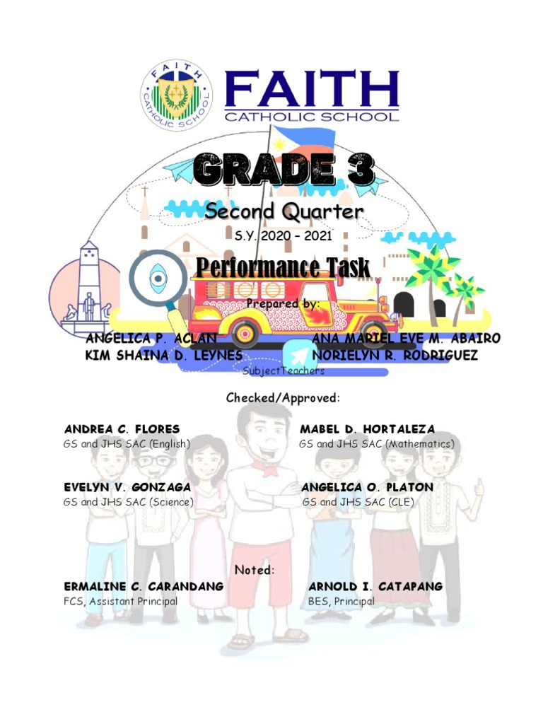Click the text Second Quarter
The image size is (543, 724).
[x=284, y=211]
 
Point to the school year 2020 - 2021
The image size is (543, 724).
[x=283, y=235]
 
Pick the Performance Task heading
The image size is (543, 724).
[x=283, y=269]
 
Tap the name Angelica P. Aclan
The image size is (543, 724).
[x=151, y=339]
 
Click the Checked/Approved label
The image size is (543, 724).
[x=283, y=399]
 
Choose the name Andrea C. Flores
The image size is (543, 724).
[x=122, y=429]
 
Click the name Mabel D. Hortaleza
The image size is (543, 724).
[x=368, y=429]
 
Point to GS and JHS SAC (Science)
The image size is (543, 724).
[x=128, y=503]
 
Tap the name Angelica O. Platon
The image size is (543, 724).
[x=368, y=488]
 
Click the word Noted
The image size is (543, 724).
[x=255, y=571]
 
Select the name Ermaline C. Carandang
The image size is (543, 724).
[x=144, y=587]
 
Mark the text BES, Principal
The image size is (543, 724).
[x=341, y=602]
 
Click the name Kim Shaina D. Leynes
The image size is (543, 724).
[x=163, y=355]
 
